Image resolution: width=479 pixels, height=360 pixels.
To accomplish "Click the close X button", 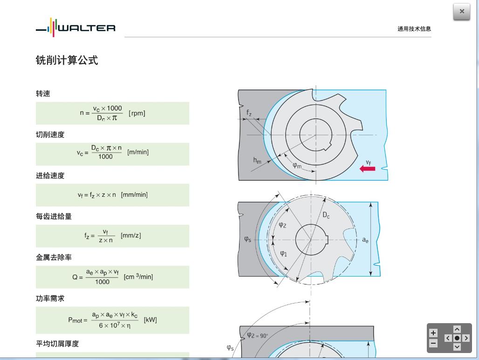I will (461, 12).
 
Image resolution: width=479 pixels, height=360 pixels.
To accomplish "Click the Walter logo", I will (75, 28).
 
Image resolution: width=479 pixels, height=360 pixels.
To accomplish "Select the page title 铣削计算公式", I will (67, 60).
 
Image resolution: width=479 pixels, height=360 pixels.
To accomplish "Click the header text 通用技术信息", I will (414, 29).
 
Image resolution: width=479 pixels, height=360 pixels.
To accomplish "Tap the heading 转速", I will (43, 94).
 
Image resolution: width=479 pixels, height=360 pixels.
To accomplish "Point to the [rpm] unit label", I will (137, 113).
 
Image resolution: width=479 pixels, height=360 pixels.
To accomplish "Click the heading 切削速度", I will (50, 135).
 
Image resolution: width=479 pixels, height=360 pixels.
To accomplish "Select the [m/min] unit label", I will (138, 152).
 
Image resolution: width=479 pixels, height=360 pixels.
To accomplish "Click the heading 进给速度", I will (50, 176).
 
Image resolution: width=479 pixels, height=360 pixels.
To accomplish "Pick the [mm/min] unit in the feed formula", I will (134, 195).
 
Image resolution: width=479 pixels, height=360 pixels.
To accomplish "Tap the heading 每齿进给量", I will (54, 216).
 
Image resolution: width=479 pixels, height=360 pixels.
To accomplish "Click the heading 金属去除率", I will (54, 257).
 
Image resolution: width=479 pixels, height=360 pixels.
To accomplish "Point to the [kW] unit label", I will (150, 320).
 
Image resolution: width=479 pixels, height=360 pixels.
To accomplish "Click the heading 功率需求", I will (50, 298).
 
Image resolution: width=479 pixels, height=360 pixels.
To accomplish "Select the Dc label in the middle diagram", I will (326, 215).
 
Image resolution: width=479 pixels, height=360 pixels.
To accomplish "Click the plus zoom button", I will (433, 333).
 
